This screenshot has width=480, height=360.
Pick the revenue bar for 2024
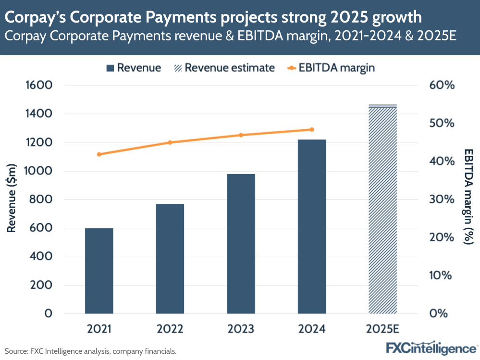pos(312,226)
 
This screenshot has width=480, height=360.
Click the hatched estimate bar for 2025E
pos(382,209)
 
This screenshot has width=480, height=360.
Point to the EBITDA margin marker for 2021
pos(99,154)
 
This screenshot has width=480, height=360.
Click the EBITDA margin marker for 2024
pos(312,129)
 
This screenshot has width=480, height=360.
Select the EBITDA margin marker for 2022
pos(170,142)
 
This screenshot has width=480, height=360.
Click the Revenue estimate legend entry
pos(224,68)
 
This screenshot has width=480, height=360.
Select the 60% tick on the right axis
pos(441,86)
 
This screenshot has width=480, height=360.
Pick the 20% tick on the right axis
pos(441,237)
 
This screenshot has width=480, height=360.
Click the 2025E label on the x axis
pos(382,329)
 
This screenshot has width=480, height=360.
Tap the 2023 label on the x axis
pos(241,329)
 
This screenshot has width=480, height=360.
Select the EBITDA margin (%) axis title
pos(468,197)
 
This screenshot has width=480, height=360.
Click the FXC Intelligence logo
pos(431,348)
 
